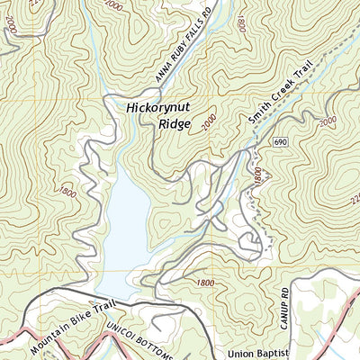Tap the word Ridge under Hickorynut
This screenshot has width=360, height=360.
pyautogui.click(x=175, y=123)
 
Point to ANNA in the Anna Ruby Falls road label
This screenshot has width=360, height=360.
pyautogui.click(x=160, y=76)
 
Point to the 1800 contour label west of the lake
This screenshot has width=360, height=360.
pyautogui.click(x=67, y=192)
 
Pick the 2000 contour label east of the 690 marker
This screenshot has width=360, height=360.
pyautogui.click(x=327, y=121)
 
